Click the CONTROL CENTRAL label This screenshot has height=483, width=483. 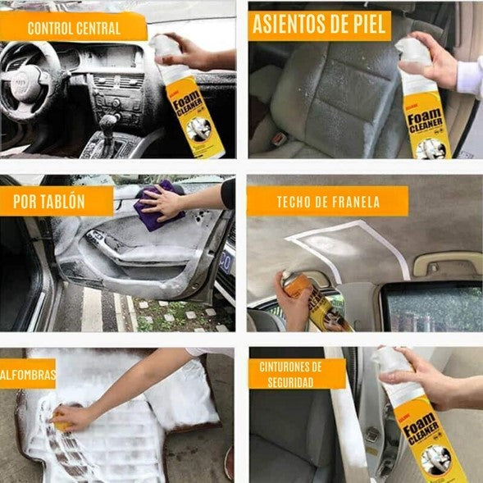click(x=74, y=28)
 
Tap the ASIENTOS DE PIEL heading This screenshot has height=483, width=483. click(x=320, y=25)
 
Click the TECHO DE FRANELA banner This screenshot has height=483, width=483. click(x=327, y=201)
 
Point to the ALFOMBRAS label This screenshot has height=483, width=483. click(x=27, y=375)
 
